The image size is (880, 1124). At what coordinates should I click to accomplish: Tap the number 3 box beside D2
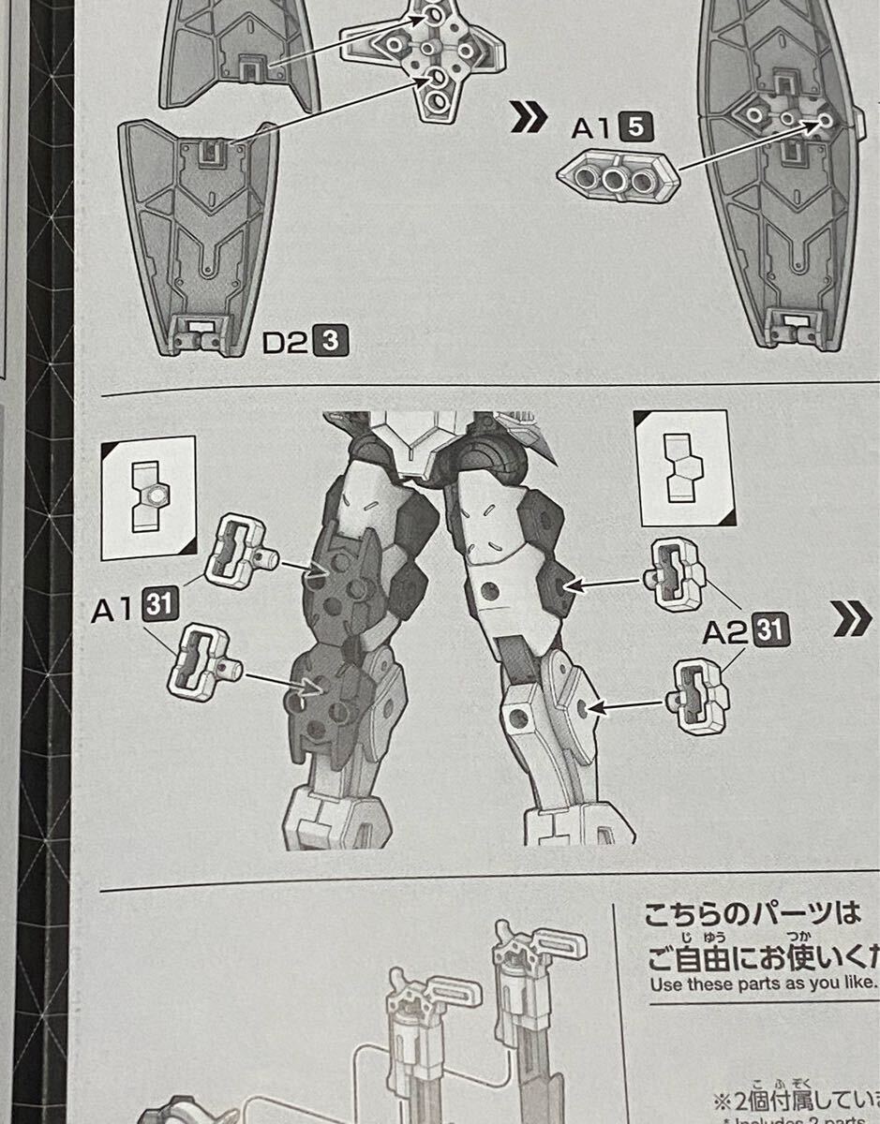[x=330, y=343]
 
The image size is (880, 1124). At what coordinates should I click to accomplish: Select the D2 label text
[x=285, y=343]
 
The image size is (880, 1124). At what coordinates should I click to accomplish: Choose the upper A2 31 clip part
[x=674, y=572]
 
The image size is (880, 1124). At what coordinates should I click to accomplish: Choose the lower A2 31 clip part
[x=695, y=697]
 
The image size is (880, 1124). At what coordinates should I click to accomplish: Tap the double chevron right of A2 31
[x=851, y=620]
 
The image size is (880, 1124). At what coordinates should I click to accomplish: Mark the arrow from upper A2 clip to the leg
[x=605, y=584]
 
